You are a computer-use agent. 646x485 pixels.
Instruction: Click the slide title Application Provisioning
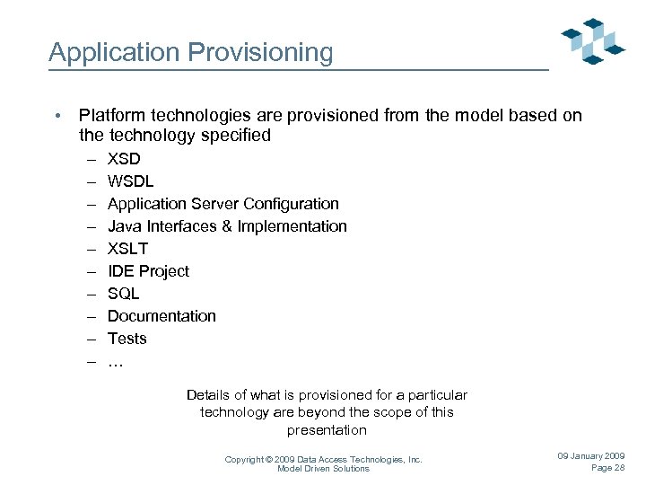click(x=190, y=52)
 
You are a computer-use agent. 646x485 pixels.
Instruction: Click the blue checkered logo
click(x=592, y=41)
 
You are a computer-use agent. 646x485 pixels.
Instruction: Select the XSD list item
click(x=124, y=159)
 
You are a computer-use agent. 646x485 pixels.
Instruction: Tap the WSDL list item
click(x=131, y=181)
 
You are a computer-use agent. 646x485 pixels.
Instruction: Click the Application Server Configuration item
click(x=223, y=204)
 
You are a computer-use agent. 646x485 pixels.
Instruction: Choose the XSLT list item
click(x=127, y=249)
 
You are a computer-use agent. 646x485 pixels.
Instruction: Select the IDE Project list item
click(x=148, y=271)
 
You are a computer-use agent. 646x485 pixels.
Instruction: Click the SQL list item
click(x=124, y=294)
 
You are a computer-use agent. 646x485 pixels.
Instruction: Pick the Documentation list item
click(x=161, y=316)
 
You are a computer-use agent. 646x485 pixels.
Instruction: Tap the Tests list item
click(x=127, y=339)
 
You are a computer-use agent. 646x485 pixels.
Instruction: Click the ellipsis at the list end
click(x=115, y=362)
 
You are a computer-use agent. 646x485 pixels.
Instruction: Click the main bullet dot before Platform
click(x=57, y=116)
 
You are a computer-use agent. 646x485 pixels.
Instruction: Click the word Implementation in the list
click(x=292, y=226)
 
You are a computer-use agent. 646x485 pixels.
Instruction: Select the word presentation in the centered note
click(x=327, y=430)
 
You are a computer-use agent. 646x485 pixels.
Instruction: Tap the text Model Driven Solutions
click(x=323, y=469)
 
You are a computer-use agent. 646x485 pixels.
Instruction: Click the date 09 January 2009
click(x=591, y=456)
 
